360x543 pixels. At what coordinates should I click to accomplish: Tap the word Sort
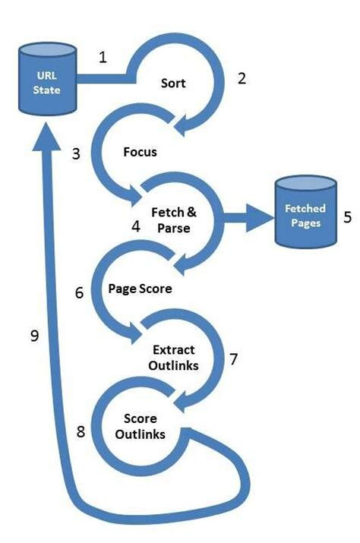click(174, 81)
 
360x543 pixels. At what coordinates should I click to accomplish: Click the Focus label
click(140, 151)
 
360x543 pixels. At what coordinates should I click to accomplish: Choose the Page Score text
click(140, 289)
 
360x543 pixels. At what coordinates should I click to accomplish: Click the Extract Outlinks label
click(174, 356)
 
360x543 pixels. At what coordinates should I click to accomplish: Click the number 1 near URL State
click(104, 58)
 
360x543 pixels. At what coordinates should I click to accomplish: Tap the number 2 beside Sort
click(242, 78)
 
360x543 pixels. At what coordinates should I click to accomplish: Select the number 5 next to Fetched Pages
click(347, 216)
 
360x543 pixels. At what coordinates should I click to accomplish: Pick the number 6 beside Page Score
click(79, 292)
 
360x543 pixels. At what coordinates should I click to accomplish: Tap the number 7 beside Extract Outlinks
click(233, 358)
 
